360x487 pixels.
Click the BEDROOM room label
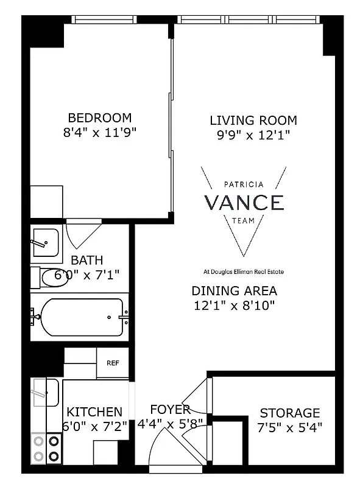(x=99, y=117)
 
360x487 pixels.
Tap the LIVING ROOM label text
(x=253, y=120)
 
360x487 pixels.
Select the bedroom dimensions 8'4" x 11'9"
(x=99, y=133)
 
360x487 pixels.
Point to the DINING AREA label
(x=234, y=290)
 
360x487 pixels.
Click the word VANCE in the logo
(x=244, y=202)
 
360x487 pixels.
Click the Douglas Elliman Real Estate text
(x=244, y=272)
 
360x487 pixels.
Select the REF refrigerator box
(x=113, y=363)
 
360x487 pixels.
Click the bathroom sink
(x=44, y=242)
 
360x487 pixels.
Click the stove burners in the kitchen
(x=46, y=447)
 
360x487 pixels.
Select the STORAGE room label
(x=289, y=413)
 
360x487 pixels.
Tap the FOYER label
(x=171, y=409)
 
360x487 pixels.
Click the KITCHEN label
(x=94, y=412)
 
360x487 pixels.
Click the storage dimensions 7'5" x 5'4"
(x=289, y=427)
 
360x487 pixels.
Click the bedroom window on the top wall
(x=118, y=19)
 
